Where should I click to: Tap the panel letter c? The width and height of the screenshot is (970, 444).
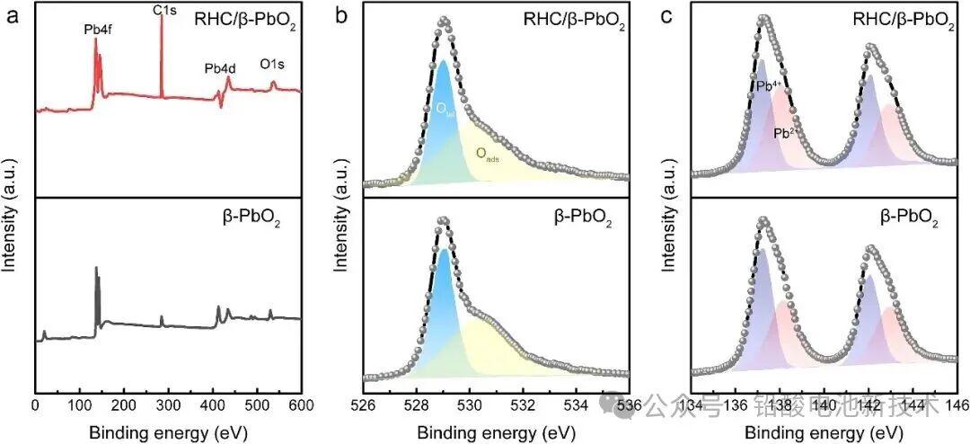tap(666, 15)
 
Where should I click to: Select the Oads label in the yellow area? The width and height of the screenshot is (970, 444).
tap(488, 154)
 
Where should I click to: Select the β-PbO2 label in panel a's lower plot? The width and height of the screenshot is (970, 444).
tap(248, 218)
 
